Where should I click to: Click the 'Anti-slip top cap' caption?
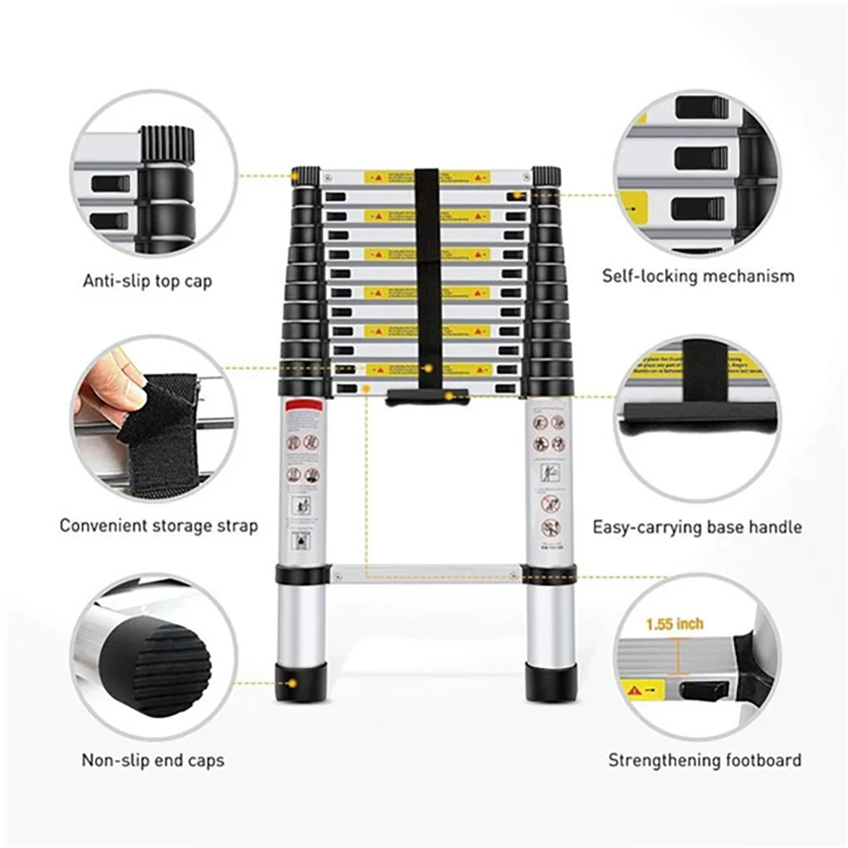click(x=148, y=281)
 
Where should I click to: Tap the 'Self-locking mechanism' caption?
click(x=699, y=276)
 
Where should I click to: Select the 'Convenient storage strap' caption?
click(x=159, y=526)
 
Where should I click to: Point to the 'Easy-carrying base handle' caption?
click(x=696, y=527)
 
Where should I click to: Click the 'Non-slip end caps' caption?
click(x=153, y=759)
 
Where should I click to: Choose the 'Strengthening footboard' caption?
click(x=704, y=760)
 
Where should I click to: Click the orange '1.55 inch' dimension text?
click(x=674, y=624)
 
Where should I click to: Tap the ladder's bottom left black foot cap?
click(x=302, y=683)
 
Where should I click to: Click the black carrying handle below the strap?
click(x=427, y=396)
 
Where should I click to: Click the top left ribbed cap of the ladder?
click(x=306, y=176)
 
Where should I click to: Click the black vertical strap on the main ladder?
click(x=427, y=271)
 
